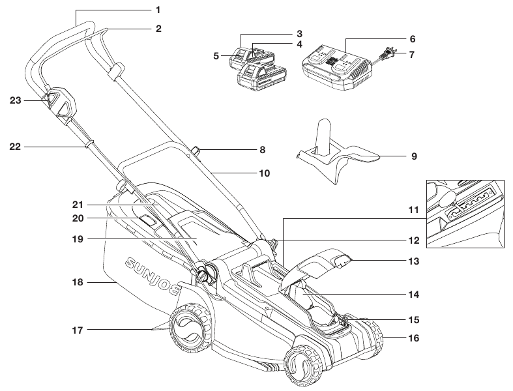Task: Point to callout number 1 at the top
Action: click(158, 10)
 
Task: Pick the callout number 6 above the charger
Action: click(412, 39)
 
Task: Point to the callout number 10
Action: click(263, 174)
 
